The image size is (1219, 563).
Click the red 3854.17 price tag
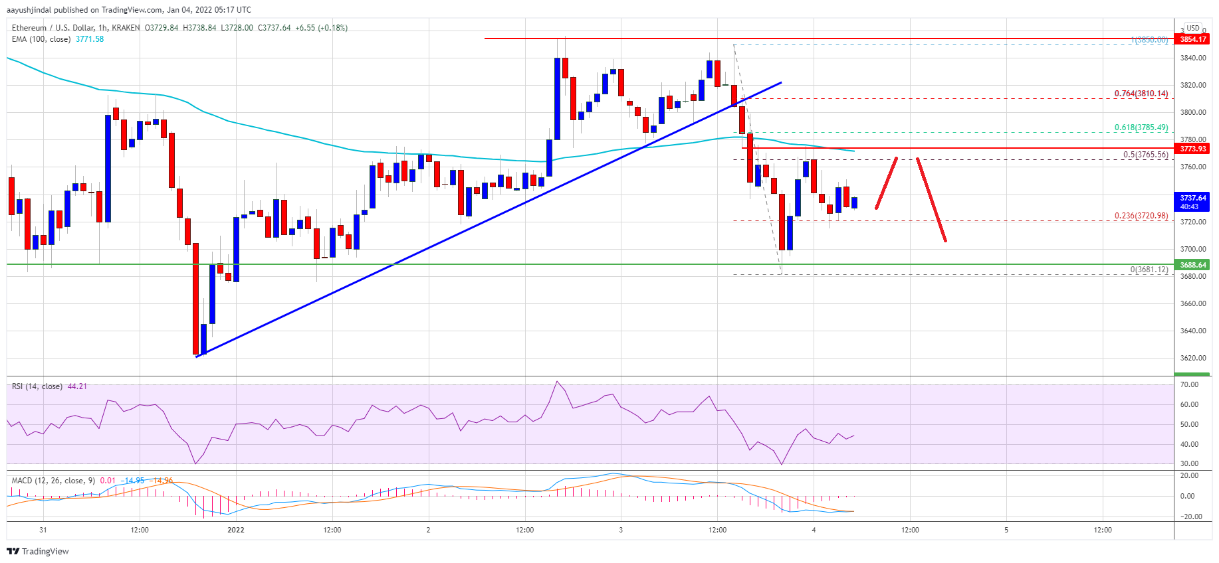coord(1192,39)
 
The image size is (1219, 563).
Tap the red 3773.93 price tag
coord(1192,149)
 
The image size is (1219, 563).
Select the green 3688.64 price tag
coord(1192,265)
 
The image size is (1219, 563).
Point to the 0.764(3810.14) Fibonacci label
coord(1141,94)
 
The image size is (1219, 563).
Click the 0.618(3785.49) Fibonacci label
coord(1141,127)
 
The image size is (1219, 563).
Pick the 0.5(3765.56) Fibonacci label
coord(1145,155)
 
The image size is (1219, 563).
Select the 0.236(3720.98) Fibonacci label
coord(1141,216)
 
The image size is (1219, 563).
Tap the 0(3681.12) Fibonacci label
coord(1149,270)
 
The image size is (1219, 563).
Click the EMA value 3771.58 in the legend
coord(90,39)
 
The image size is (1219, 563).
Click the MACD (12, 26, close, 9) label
coord(53,481)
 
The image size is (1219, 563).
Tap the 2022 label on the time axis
coord(236,530)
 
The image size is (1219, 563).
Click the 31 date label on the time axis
coord(43,530)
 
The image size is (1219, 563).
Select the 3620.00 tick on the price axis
coord(1192,358)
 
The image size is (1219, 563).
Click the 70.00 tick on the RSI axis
coord(1189,384)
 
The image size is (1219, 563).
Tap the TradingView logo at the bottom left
coord(38,551)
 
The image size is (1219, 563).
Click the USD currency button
coord(1193,28)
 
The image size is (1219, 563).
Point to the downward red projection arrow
coord(931,199)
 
